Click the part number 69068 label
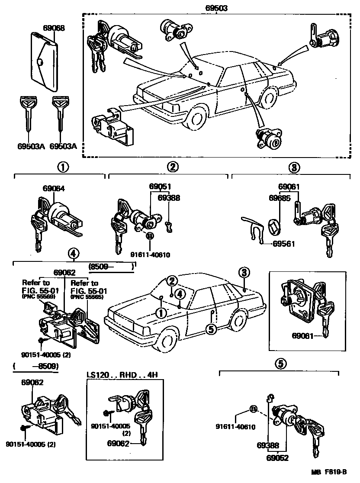click(54, 28)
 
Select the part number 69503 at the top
click(216, 8)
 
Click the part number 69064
click(54, 189)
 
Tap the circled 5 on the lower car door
click(211, 329)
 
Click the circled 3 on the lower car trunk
click(244, 272)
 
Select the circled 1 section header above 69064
click(64, 167)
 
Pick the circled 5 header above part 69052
click(280, 364)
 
